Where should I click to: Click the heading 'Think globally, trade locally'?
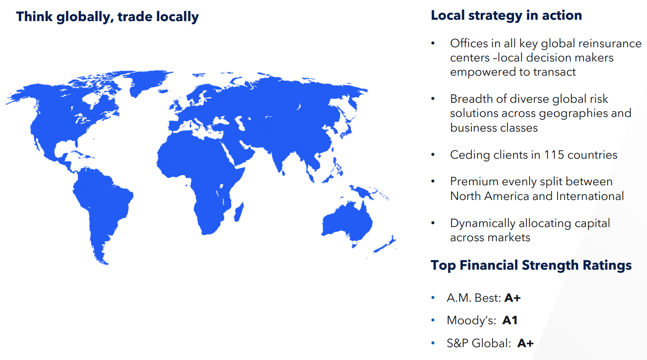coord(107,17)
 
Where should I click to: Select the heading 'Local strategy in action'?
coord(506,15)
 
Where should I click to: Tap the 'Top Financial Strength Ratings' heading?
coord(531,265)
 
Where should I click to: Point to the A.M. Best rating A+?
coord(513,298)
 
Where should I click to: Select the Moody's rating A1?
coord(510,321)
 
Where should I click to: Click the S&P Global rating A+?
coord(525,343)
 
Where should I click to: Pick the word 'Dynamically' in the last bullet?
coord(482,223)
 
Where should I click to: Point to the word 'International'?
coord(590,196)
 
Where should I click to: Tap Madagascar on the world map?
coord(238,213)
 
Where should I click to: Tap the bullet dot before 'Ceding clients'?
coord(433,155)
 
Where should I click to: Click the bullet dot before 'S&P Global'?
coord(433,343)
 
